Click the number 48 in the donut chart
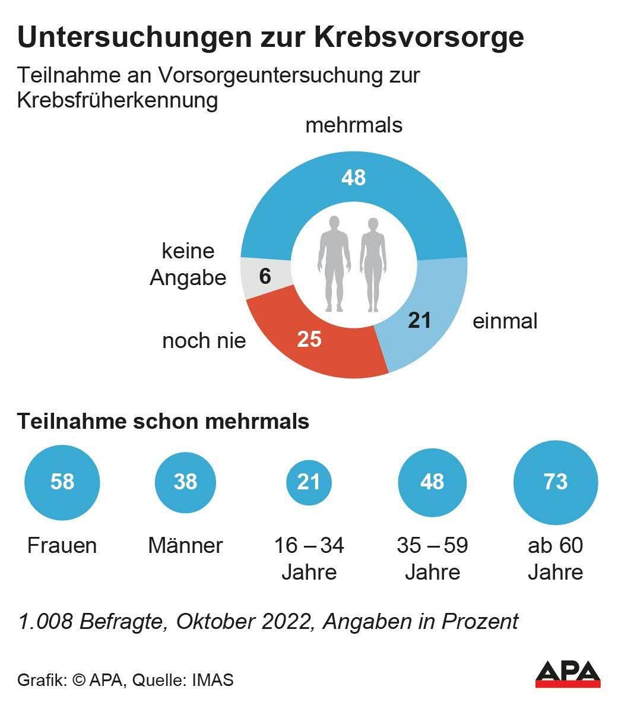click(x=354, y=178)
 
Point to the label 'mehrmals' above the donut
click(x=354, y=125)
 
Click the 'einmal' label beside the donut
click(x=505, y=321)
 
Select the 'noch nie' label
click(x=204, y=340)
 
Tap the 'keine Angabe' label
click(x=188, y=264)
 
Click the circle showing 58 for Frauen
click(x=62, y=482)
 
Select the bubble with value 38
click(x=185, y=482)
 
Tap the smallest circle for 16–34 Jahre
click(x=309, y=482)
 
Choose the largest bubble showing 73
click(x=555, y=482)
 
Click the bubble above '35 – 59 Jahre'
click(x=432, y=482)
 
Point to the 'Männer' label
click(x=185, y=545)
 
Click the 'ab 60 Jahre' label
click(x=555, y=558)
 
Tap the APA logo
click(x=568, y=673)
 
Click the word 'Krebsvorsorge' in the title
click(x=419, y=37)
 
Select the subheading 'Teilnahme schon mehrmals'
click(x=163, y=421)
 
